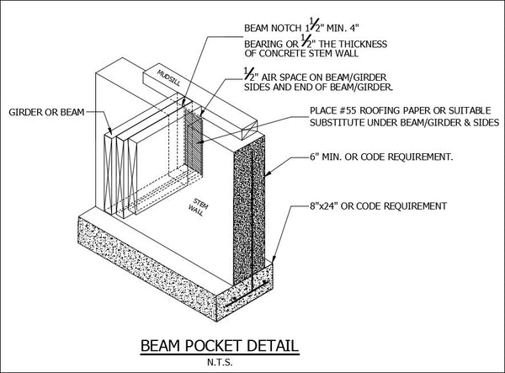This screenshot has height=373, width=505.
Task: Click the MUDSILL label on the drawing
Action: tap(169, 77)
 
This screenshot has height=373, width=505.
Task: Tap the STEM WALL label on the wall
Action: tap(199, 207)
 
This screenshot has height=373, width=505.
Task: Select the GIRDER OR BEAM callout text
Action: tap(46, 113)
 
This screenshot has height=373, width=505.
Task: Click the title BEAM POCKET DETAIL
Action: tap(220, 346)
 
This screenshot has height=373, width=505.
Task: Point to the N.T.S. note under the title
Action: tap(220, 362)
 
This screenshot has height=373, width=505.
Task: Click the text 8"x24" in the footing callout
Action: tap(324, 205)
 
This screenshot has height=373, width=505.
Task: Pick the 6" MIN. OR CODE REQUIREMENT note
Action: tap(381, 157)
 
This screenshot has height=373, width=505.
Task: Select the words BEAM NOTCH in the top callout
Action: tap(272, 29)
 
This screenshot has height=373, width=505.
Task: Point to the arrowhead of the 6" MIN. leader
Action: tap(267, 173)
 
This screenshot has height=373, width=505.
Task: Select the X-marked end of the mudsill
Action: tap(250, 131)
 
